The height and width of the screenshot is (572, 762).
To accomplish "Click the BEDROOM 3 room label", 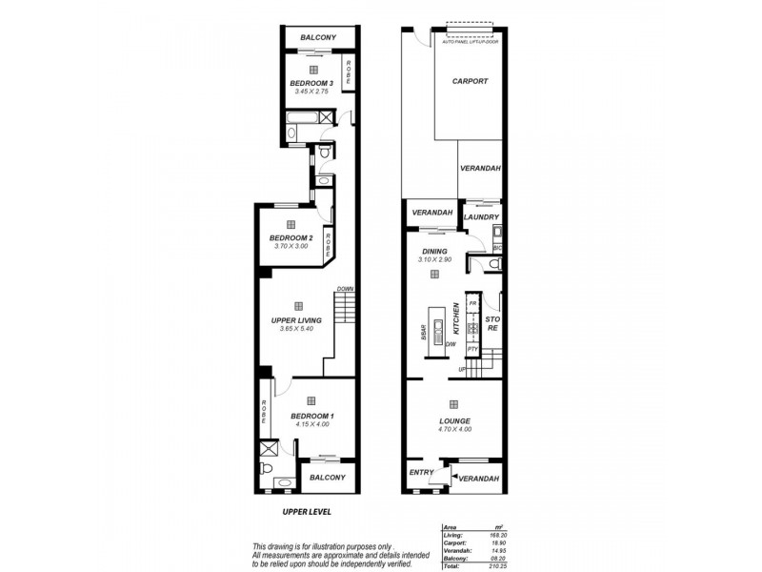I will coord(311,83).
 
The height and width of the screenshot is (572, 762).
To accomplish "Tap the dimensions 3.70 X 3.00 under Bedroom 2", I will coord(291,246).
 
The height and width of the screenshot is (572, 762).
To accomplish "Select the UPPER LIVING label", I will coord(295,320).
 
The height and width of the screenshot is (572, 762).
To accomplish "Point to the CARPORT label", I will coord(470,81).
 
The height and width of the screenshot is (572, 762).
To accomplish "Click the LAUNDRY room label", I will coord(481,217).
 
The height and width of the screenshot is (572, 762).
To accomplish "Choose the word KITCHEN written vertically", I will coord(456,317).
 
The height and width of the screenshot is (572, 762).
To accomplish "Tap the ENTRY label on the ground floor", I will coord(421,472).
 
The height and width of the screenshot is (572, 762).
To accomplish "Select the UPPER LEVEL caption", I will coord(308,512).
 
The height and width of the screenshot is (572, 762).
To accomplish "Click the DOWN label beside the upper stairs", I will coord(345,289).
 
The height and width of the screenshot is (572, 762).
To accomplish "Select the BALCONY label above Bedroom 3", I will coord(317,38).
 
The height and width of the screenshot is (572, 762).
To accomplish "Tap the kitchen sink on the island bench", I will coord(437,333).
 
